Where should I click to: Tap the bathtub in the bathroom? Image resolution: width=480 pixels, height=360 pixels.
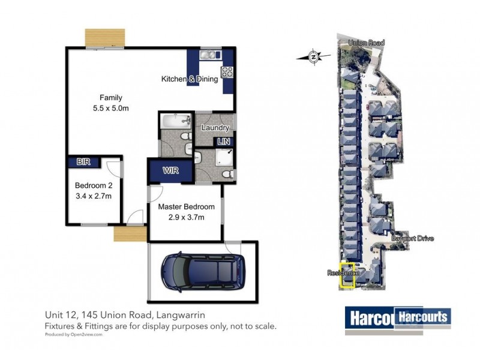click(174, 124)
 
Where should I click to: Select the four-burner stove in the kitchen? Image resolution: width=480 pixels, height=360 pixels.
click(227, 72)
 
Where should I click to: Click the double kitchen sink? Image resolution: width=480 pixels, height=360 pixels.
click(211, 55)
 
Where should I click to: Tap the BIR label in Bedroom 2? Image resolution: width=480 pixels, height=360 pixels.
click(83, 162)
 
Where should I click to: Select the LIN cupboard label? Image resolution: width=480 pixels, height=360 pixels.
click(224, 141)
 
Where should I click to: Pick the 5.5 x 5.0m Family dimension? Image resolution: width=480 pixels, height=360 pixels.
click(110, 108)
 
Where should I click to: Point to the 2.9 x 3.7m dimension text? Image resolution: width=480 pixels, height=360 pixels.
click(181, 217)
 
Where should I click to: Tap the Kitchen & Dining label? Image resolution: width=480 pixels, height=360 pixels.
click(190, 79)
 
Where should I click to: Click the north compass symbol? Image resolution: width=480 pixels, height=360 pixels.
click(313, 57)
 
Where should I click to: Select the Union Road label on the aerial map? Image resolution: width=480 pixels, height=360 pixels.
click(366, 43)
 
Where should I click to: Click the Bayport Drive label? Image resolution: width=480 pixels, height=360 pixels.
click(412, 238)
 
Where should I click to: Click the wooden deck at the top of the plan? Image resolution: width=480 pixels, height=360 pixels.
click(104, 38)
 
